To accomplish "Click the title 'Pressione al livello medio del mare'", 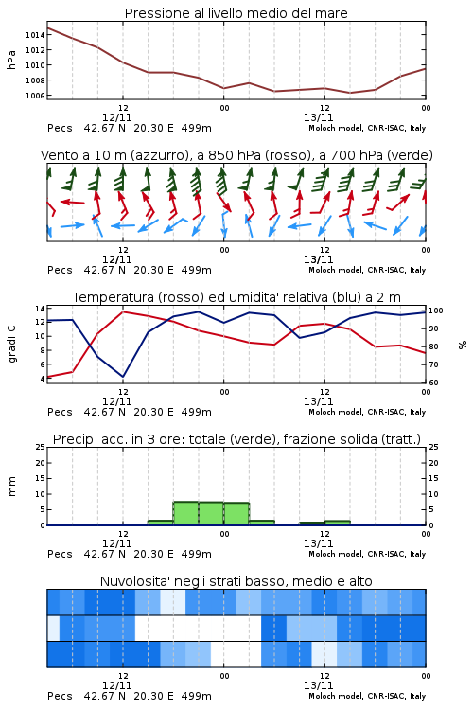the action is point(236,13).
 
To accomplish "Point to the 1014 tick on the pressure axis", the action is point(35,35).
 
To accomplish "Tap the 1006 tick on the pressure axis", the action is point(35,96).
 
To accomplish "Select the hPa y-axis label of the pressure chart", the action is point(11,60).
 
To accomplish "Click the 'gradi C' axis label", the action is point(12,344).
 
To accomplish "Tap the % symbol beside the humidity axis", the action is point(463,345).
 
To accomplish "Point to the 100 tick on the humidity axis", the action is point(436,311).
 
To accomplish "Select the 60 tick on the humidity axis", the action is point(433,382).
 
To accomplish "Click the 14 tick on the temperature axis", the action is point(40,309).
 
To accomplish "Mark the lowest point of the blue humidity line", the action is point(123,377).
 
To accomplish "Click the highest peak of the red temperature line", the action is point(123,311).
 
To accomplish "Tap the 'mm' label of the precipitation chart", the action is point(11,487).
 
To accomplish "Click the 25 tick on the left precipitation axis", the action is point(40,447).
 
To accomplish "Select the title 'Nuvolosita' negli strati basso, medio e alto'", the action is point(236,581).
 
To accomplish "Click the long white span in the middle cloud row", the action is point(199,628).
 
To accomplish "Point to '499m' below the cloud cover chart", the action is point(197,696).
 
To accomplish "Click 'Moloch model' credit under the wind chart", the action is point(336,270).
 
